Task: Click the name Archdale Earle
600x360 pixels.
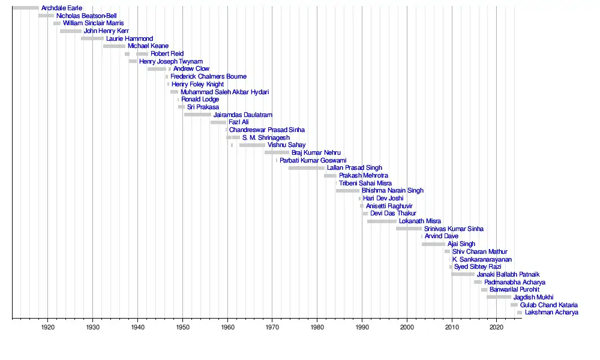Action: pos(62,8)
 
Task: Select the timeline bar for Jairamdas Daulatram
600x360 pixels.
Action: pos(197,115)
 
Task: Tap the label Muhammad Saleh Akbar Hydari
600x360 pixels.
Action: pos(224,92)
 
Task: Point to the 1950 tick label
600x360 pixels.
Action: pos(182,327)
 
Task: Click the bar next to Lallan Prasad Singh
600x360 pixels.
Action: pos(306,168)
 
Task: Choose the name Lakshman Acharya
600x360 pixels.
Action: pos(551,313)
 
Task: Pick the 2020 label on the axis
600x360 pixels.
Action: pos(496,327)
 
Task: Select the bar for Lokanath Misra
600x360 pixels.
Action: pos(382,221)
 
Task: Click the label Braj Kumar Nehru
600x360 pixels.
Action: pos(316,153)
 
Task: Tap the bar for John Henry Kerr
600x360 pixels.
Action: pos(71,31)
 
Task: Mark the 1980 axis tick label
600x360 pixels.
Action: pos(317,327)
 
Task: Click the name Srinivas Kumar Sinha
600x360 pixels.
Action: pos(454,229)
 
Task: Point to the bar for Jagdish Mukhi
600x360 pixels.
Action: pos(499,297)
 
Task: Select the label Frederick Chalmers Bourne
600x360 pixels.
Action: pos(208,77)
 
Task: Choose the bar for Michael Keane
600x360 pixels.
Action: pos(114,46)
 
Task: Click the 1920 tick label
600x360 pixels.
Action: pos(48,327)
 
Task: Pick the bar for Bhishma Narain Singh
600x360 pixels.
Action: pos(347,191)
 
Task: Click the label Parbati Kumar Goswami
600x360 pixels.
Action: pos(313,160)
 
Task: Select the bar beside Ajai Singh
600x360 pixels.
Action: pos(433,244)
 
